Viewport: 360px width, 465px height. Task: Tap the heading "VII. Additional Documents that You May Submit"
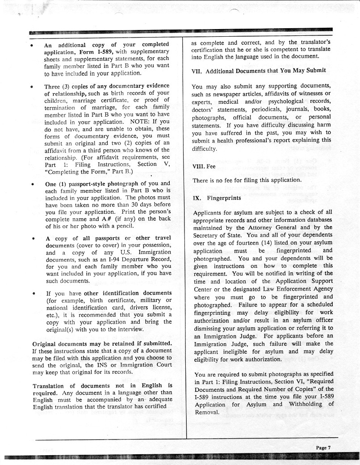tap(258, 71)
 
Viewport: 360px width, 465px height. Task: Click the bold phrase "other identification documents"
tap(128, 293)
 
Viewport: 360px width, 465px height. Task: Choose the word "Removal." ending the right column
tap(207, 412)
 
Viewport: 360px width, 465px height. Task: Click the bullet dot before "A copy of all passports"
tap(33, 239)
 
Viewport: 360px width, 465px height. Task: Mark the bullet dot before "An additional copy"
tap(33, 45)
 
